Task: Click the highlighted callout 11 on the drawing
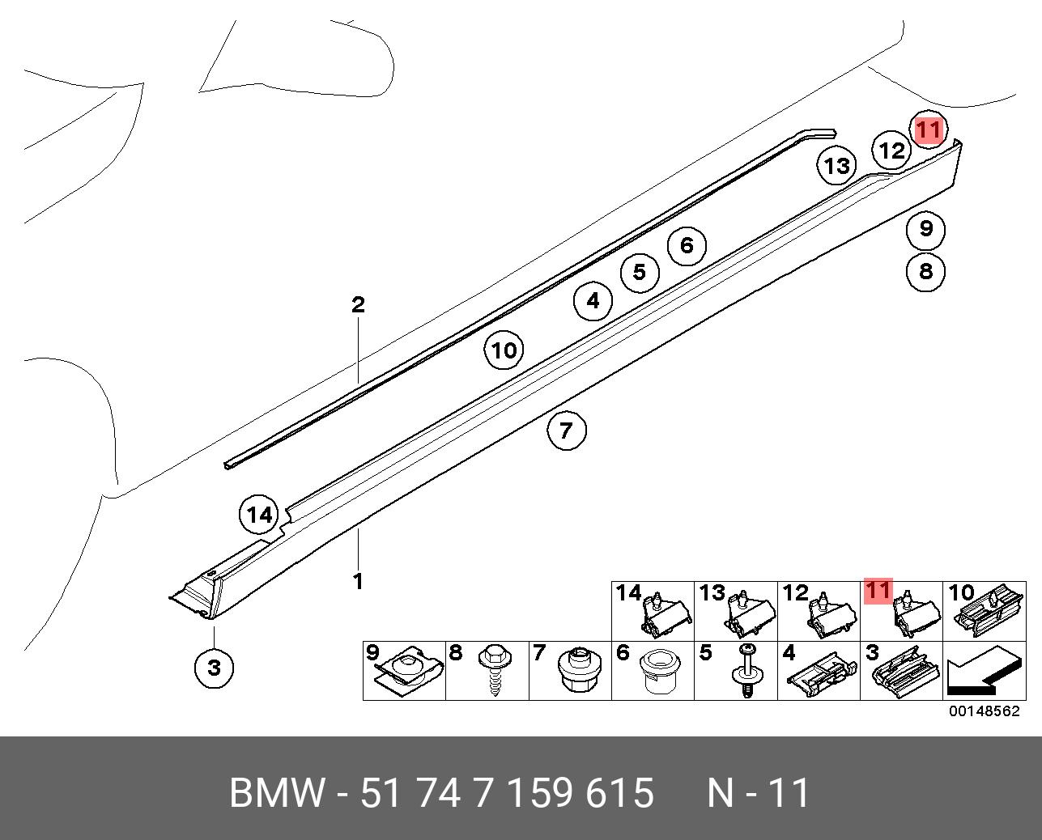pyautogui.click(x=928, y=129)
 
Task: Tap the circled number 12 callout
pyautogui.click(x=891, y=151)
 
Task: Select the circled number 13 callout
pyautogui.click(x=836, y=166)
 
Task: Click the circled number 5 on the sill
pyautogui.click(x=640, y=272)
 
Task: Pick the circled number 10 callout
pyautogui.click(x=504, y=351)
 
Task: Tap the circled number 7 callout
pyautogui.click(x=566, y=430)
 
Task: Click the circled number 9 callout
pyautogui.click(x=925, y=229)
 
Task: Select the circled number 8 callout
pyautogui.click(x=925, y=270)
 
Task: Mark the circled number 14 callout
pyautogui.click(x=259, y=515)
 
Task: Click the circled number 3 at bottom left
pyautogui.click(x=214, y=668)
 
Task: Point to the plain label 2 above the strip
pyautogui.click(x=358, y=305)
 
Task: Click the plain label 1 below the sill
pyautogui.click(x=357, y=581)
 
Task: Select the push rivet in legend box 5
pyautogui.click(x=746, y=670)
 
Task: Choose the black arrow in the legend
pyautogui.click(x=980, y=672)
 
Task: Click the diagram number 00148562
pyautogui.click(x=985, y=712)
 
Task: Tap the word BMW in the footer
pyautogui.click(x=277, y=793)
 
